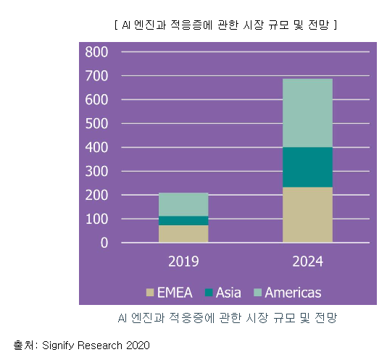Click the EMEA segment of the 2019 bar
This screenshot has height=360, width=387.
pos(183,233)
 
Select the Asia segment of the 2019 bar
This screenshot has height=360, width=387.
pos(183,220)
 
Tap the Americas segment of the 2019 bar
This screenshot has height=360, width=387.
pos(183,204)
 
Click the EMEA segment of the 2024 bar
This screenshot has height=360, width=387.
pos(307,214)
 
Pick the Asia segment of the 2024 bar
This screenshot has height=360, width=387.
pos(307,167)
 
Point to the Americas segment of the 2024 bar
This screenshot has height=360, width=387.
pos(307,112)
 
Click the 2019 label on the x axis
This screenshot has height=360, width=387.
pos(183,261)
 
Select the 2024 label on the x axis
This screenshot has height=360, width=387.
pos(307,261)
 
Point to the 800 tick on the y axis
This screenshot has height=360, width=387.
pos(96,52)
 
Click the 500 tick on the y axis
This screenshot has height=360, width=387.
pos(96,124)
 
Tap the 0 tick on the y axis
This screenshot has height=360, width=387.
pos(104,243)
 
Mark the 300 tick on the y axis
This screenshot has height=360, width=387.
pos(96,172)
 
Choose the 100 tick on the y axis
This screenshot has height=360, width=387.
pos(96,219)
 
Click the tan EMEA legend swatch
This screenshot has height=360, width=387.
pos(150,293)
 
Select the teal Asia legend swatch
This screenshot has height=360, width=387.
pos(209,293)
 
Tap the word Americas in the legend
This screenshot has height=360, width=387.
pos(293,293)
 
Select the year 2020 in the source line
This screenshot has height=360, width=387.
pos(137,346)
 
